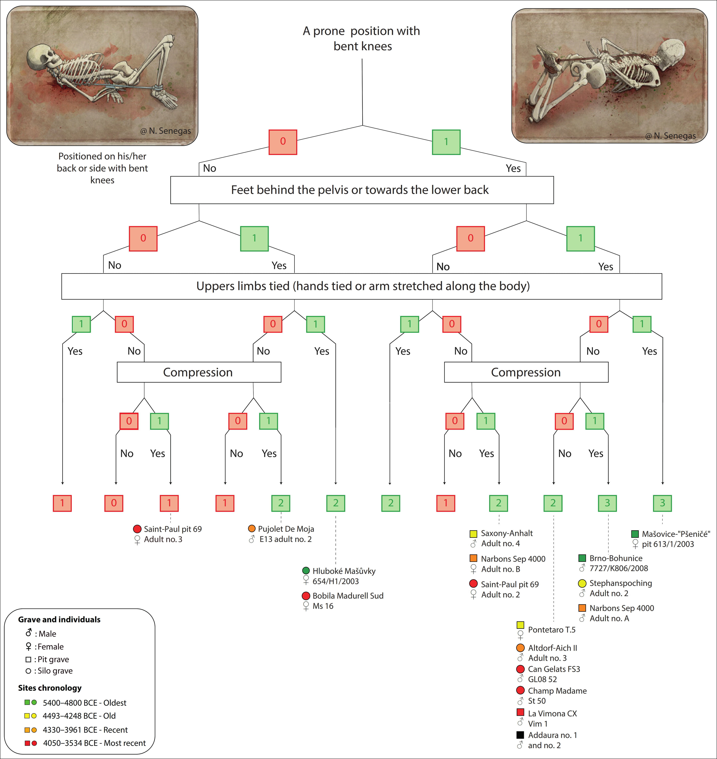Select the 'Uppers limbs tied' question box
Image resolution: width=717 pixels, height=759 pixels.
coord(362,286)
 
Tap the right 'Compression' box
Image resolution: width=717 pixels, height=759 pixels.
coord(526,372)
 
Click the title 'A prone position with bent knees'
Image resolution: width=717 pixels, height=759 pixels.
coord(362,38)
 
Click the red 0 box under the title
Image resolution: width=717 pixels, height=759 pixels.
coord(283,142)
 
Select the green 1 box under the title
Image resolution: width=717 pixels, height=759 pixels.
coord(446,142)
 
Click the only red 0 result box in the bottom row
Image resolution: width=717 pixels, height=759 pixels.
coord(114,503)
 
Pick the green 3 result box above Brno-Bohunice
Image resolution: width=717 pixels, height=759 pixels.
coord(607,503)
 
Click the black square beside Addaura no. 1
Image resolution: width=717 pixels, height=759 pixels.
coord(520,735)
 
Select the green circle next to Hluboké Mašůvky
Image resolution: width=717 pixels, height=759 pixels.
coord(306,571)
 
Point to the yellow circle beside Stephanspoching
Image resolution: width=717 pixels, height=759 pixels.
coord(582,583)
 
